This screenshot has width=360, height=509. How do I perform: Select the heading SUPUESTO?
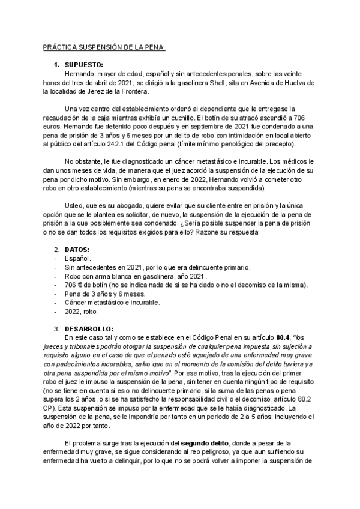[x=83, y=65]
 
